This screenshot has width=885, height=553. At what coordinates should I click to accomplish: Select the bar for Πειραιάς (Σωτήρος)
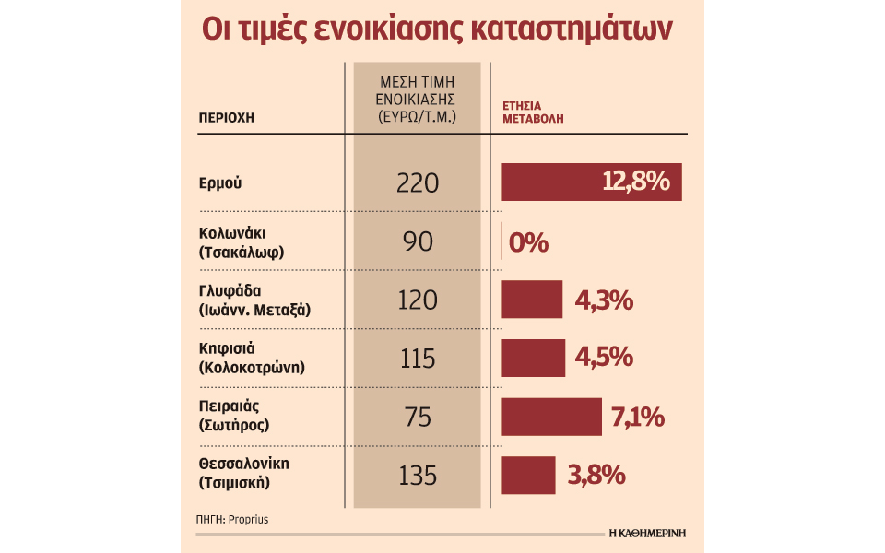pos(550,417)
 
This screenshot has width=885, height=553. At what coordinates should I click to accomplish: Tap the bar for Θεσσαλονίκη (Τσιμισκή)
pos(528,475)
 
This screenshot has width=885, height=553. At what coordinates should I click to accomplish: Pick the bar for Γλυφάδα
pos(532,300)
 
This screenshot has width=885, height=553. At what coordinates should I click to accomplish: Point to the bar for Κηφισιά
pos(533,358)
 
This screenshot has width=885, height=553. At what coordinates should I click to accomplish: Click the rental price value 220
pos(417,182)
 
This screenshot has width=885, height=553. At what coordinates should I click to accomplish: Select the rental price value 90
pos(417,241)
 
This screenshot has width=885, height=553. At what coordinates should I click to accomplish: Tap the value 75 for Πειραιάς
pos(417,417)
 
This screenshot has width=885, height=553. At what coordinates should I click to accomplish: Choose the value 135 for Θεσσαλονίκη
pos(417,476)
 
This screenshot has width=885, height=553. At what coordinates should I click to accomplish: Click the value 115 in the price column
pos(417,358)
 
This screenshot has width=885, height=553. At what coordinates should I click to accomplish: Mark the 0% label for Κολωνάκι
pos(528,242)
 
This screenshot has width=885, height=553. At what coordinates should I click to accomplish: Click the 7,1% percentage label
pos(638,417)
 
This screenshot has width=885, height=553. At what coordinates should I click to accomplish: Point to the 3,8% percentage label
pos(596,476)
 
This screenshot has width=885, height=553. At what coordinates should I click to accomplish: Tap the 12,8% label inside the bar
pos(635,182)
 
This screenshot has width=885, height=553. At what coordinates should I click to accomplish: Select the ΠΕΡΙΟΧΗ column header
pos(226,118)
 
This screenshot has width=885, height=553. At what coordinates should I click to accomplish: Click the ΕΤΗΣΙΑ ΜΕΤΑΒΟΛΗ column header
pos(533,112)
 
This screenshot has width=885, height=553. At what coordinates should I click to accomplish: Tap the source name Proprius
pos(252,520)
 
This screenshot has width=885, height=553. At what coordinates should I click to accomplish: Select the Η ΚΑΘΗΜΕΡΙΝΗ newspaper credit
pos(647,533)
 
